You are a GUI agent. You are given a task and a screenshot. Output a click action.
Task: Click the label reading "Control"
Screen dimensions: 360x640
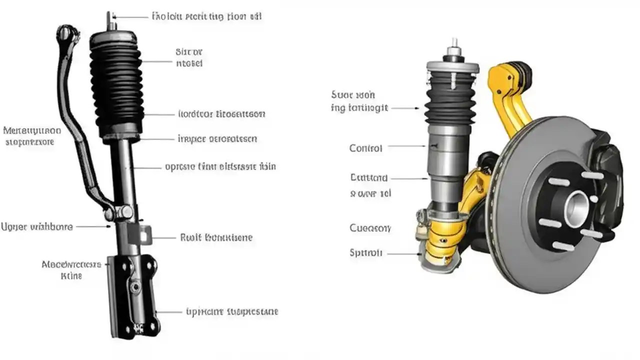point(365,148)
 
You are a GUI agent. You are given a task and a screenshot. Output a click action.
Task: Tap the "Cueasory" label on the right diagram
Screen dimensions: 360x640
point(370,228)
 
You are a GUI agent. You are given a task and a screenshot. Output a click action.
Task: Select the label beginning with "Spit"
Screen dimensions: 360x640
point(366,253)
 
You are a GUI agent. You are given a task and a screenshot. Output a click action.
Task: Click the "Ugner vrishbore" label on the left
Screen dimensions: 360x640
point(36,227)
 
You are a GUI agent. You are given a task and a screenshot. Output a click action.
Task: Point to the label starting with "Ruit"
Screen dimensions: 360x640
point(216,237)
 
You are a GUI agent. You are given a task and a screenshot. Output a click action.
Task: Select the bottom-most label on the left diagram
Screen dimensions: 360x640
point(231,311)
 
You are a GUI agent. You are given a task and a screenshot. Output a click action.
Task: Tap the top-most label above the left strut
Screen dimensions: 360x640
point(206,16)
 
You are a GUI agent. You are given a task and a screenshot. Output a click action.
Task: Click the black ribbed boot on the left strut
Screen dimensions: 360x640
point(116,85)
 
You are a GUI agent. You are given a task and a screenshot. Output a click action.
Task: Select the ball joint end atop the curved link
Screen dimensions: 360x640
point(65,34)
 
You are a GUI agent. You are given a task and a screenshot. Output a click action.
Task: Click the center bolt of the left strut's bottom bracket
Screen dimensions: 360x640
point(134,287)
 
